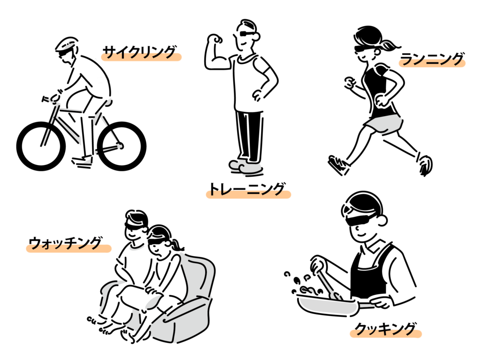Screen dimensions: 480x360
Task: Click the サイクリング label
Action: click(x=140, y=52)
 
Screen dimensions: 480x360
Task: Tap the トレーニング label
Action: click(x=247, y=189)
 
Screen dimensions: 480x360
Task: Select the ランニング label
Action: click(x=432, y=59)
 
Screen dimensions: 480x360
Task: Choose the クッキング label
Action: click(x=385, y=329)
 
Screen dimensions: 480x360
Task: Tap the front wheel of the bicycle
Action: click(x=41, y=146)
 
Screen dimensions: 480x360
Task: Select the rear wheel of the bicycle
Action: click(x=121, y=146)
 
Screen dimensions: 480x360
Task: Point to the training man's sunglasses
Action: click(x=247, y=33)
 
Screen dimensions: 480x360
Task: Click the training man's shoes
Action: click(x=246, y=166)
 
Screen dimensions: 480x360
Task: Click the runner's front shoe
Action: click(x=338, y=165)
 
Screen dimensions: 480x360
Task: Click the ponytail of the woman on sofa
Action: click(x=176, y=245)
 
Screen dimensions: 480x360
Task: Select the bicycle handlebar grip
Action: click(x=46, y=99)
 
